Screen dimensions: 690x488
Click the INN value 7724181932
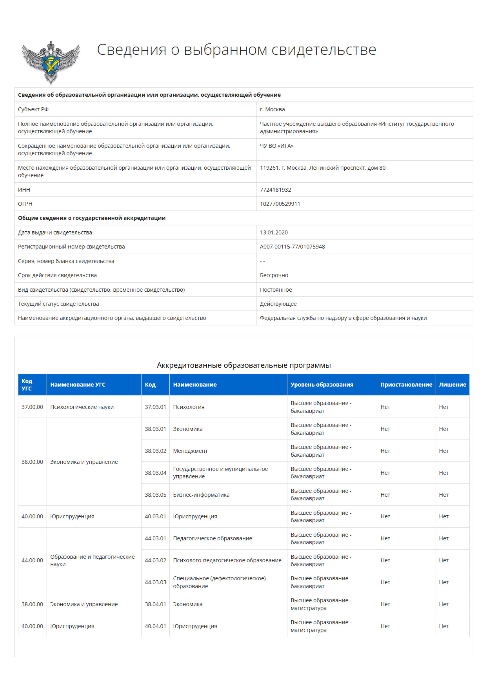tap(275, 190)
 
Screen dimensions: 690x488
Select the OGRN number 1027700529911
tap(280, 204)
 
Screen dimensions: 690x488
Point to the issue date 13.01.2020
tap(274, 232)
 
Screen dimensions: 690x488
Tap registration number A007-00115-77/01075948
tap(292, 246)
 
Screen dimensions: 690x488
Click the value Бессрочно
tap(274, 275)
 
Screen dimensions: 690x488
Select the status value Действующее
tap(278, 304)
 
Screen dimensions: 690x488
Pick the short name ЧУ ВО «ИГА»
tap(276, 146)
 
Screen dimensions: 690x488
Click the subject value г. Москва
tap(272, 109)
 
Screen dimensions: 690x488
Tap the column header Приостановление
tap(406, 384)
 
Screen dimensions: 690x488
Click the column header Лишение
tap(452, 384)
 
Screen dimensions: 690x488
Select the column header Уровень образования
tap(322, 384)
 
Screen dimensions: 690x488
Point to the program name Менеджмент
tap(190, 451)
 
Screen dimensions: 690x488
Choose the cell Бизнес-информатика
tap(201, 494)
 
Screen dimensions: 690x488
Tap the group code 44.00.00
tap(32, 560)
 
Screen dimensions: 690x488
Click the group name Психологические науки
tap(82, 407)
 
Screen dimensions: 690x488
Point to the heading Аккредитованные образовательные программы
tap(244, 365)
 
